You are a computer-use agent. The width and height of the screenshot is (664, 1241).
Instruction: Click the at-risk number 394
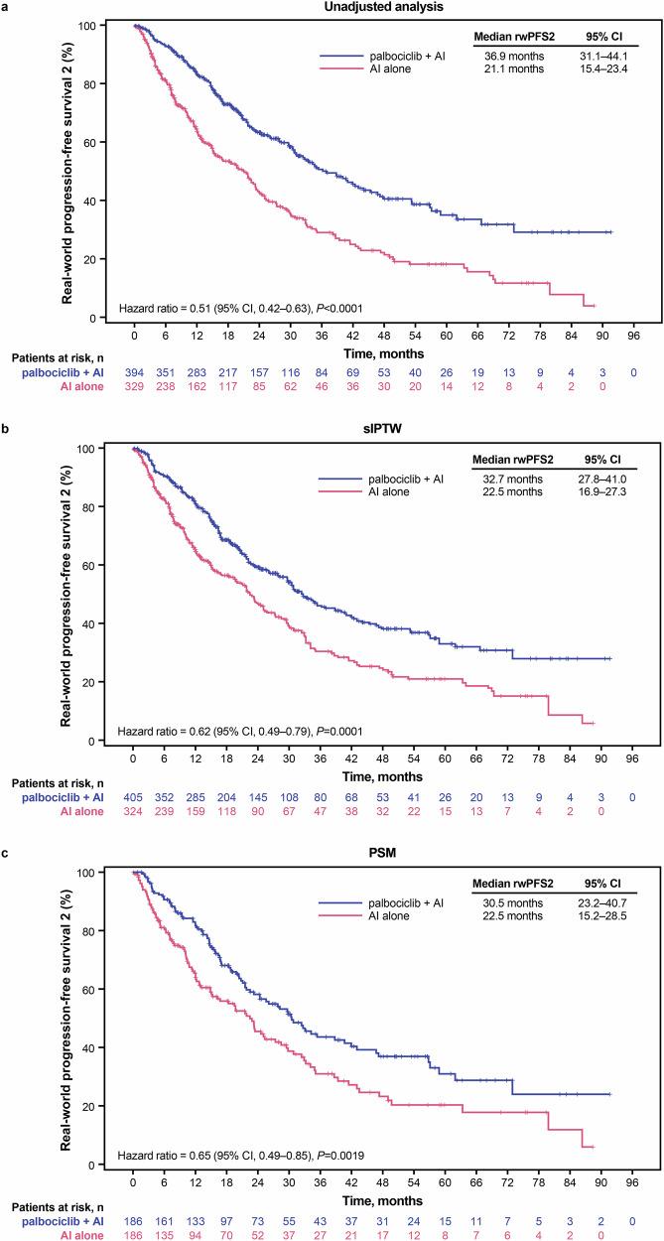click(134, 371)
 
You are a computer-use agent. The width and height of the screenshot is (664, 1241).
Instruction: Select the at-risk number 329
click(134, 385)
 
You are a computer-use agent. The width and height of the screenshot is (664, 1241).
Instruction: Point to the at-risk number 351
click(165, 371)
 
